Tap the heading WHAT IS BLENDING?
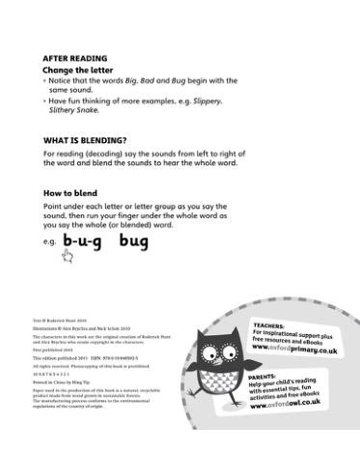(85, 140)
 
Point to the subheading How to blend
(73, 193)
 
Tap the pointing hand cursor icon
(68, 255)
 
